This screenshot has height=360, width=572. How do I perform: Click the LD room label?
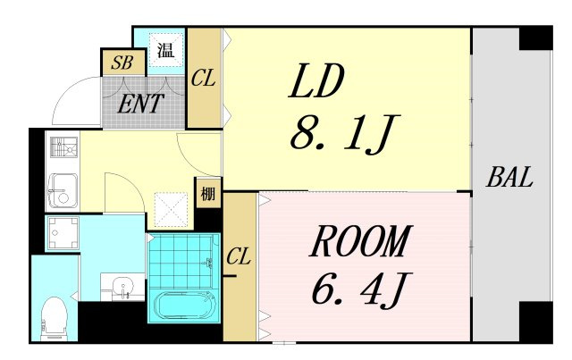point(315,81)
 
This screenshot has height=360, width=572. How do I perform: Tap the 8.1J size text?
point(345,133)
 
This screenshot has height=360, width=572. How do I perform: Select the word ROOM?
point(361,241)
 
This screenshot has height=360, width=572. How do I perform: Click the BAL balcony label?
point(509,177)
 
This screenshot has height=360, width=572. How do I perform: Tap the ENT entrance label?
point(140,104)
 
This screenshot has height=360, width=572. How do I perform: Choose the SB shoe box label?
point(122,63)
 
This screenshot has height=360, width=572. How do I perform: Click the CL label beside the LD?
point(203,78)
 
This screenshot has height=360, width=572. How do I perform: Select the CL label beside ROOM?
point(239,256)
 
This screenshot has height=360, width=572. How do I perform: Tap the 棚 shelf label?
point(208,194)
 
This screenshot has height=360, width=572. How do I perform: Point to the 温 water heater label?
point(165,50)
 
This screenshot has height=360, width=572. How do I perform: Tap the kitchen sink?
point(63,191)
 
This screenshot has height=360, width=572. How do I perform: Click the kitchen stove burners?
point(63,147)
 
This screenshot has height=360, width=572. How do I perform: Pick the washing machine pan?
point(63,233)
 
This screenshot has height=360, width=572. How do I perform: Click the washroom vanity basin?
point(122,287)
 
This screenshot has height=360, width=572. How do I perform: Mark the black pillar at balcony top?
point(535,38)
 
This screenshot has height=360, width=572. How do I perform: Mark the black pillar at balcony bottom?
point(535,322)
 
